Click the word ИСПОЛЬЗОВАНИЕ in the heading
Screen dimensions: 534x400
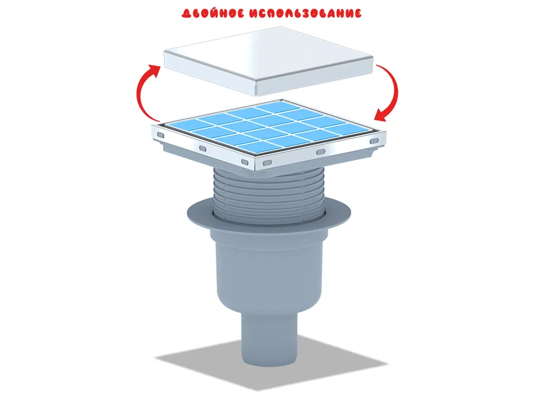pyautogui.click(x=305, y=13)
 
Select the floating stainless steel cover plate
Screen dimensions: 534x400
pyautogui.click(x=269, y=61)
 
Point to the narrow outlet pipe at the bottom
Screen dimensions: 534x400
pyautogui.click(x=269, y=340)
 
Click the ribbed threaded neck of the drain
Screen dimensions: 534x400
pyautogui.click(x=269, y=196)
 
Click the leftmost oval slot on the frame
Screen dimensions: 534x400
pyautogui.click(x=160, y=135)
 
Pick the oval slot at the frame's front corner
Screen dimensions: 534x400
pyautogui.click(x=268, y=163)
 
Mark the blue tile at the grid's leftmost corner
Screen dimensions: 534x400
pyautogui.click(x=184, y=124)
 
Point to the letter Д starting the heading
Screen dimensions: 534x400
pyautogui.click(x=186, y=13)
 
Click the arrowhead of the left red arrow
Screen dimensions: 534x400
pyautogui.click(x=155, y=70)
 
